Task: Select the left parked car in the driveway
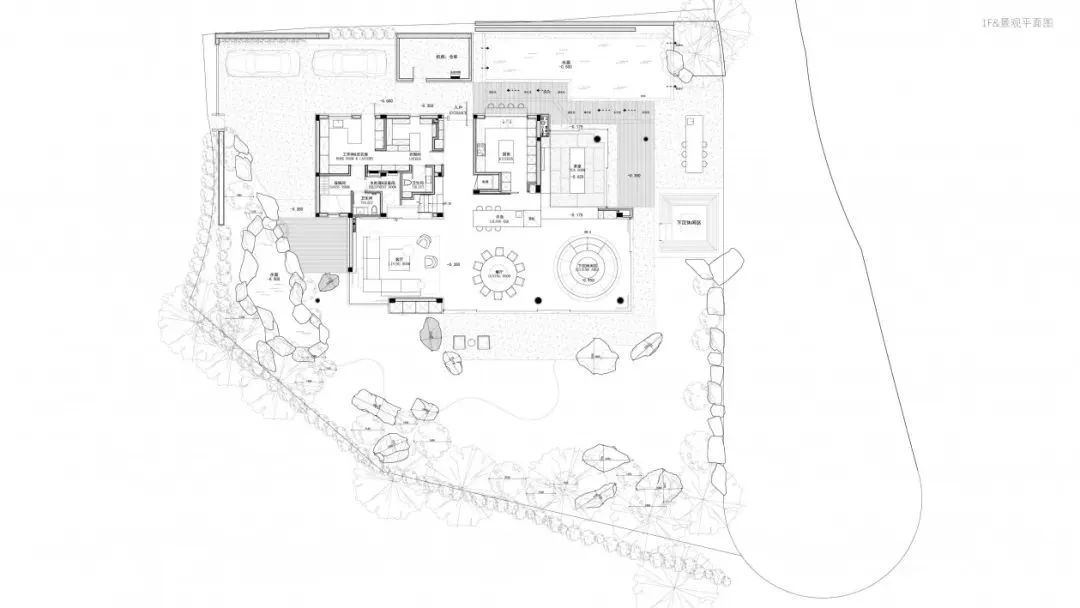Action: [256, 63]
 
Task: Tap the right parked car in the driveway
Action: [343, 63]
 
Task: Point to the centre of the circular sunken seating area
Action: [585, 266]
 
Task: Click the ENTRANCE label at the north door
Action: [458, 113]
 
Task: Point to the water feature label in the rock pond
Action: [274, 277]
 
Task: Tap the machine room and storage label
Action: [431, 58]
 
